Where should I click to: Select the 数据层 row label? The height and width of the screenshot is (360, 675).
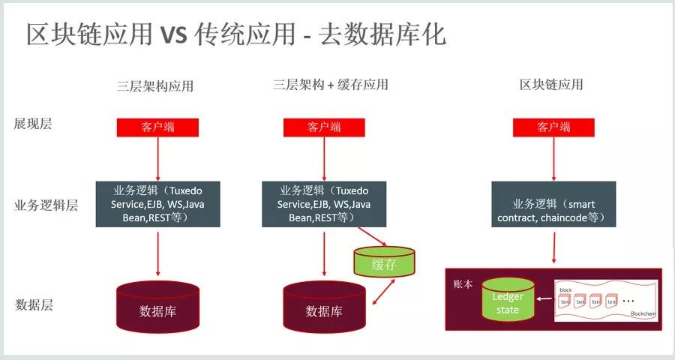click(34, 305)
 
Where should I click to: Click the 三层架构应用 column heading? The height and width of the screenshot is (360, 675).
click(157, 85)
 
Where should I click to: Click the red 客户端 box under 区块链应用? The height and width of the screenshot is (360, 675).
click(553, 127)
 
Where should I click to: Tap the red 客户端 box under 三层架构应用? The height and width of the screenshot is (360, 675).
click(157, 127)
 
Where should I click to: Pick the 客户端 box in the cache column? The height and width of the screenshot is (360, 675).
click(323, 127)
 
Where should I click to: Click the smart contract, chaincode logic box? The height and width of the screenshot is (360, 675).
click(554, 204)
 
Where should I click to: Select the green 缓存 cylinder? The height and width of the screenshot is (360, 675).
click(383, 262)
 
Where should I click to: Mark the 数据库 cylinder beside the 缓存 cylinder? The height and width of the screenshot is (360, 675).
click(324, 308)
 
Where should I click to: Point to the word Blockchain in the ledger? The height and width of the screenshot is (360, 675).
click(643, 313)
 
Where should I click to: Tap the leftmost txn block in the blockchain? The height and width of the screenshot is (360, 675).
click(564, 301)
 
